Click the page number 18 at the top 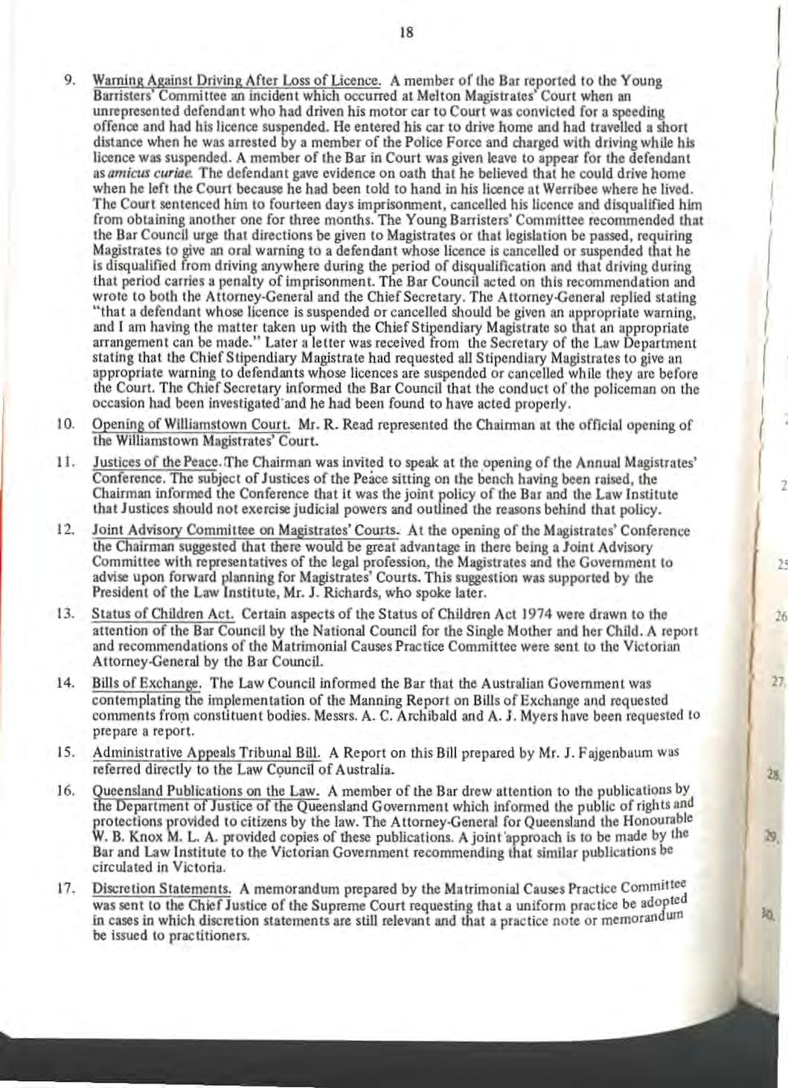[x=406, y=32]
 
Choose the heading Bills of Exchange [x=146, y=683]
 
